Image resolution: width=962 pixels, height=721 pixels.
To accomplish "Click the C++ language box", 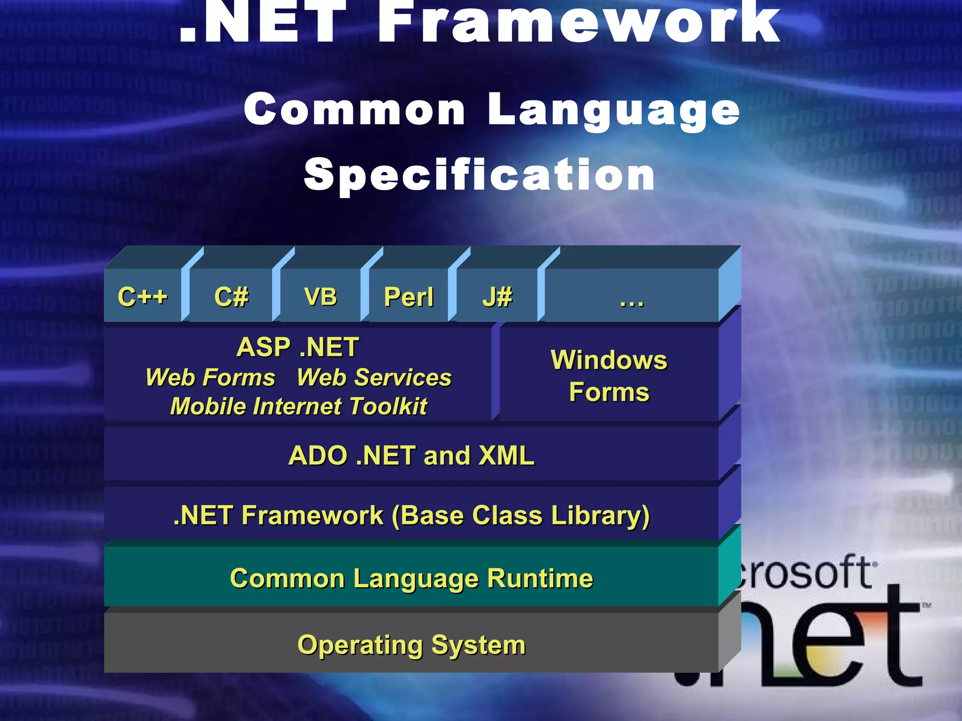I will (x=142, y=296).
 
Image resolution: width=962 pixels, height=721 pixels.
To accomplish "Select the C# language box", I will (x=231, y=296).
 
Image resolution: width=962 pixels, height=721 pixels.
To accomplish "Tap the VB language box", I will (x=320, y=296).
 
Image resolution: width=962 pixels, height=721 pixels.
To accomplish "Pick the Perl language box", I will (x=409, y=296).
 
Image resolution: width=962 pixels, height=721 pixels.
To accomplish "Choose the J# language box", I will (x=497, y=296).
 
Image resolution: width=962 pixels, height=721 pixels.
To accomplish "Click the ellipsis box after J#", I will (x=631, y=296).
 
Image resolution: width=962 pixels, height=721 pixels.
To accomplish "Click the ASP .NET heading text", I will (x=297, y=347).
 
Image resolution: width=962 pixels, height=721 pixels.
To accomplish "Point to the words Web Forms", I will (x=210, y=377).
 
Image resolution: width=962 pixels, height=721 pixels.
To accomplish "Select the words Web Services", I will (x=374, y=377).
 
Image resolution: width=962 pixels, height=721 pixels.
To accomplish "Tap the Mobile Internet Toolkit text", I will (x=299, y=406).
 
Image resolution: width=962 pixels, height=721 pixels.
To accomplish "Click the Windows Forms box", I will (x=609, y=376).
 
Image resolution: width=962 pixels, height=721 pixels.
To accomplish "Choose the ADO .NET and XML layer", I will (x=411, y=455).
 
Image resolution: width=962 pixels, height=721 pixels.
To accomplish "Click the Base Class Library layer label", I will (x=411, y=515).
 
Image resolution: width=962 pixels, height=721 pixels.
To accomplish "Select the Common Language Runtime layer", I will (x=411, y=578).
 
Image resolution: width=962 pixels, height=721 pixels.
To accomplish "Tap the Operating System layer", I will (x=411, y=644).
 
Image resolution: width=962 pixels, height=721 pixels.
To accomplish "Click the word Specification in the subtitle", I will (x=479, y=175).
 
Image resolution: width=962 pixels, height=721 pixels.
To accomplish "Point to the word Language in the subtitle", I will (x=613, y=110).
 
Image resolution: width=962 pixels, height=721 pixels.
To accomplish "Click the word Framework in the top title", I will (x=580, y=23).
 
